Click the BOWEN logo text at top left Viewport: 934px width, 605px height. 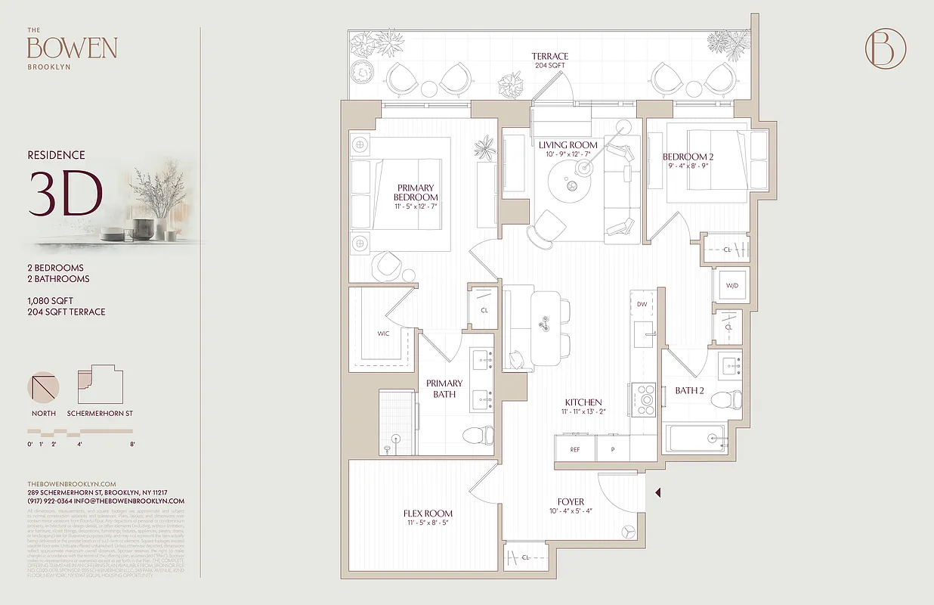(72, 48)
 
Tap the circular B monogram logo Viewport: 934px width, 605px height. (885, 48)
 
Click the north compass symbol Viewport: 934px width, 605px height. (43, 386)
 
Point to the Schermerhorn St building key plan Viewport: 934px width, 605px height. (100, 386)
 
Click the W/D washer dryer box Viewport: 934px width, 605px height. (731, 286)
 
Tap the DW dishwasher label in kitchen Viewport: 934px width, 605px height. (642, 304)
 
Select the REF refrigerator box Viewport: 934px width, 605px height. (575, 448)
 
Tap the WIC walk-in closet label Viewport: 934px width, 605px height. (383, 334)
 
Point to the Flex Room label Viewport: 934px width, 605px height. (428, 513)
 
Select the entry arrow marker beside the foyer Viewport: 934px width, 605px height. (658, 493)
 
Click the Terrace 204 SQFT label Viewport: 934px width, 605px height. (549, 60)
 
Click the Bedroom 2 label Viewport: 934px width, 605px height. (688, 157)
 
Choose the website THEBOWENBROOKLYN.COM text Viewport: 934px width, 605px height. (71, 484)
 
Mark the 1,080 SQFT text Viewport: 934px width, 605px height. (50, 301)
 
